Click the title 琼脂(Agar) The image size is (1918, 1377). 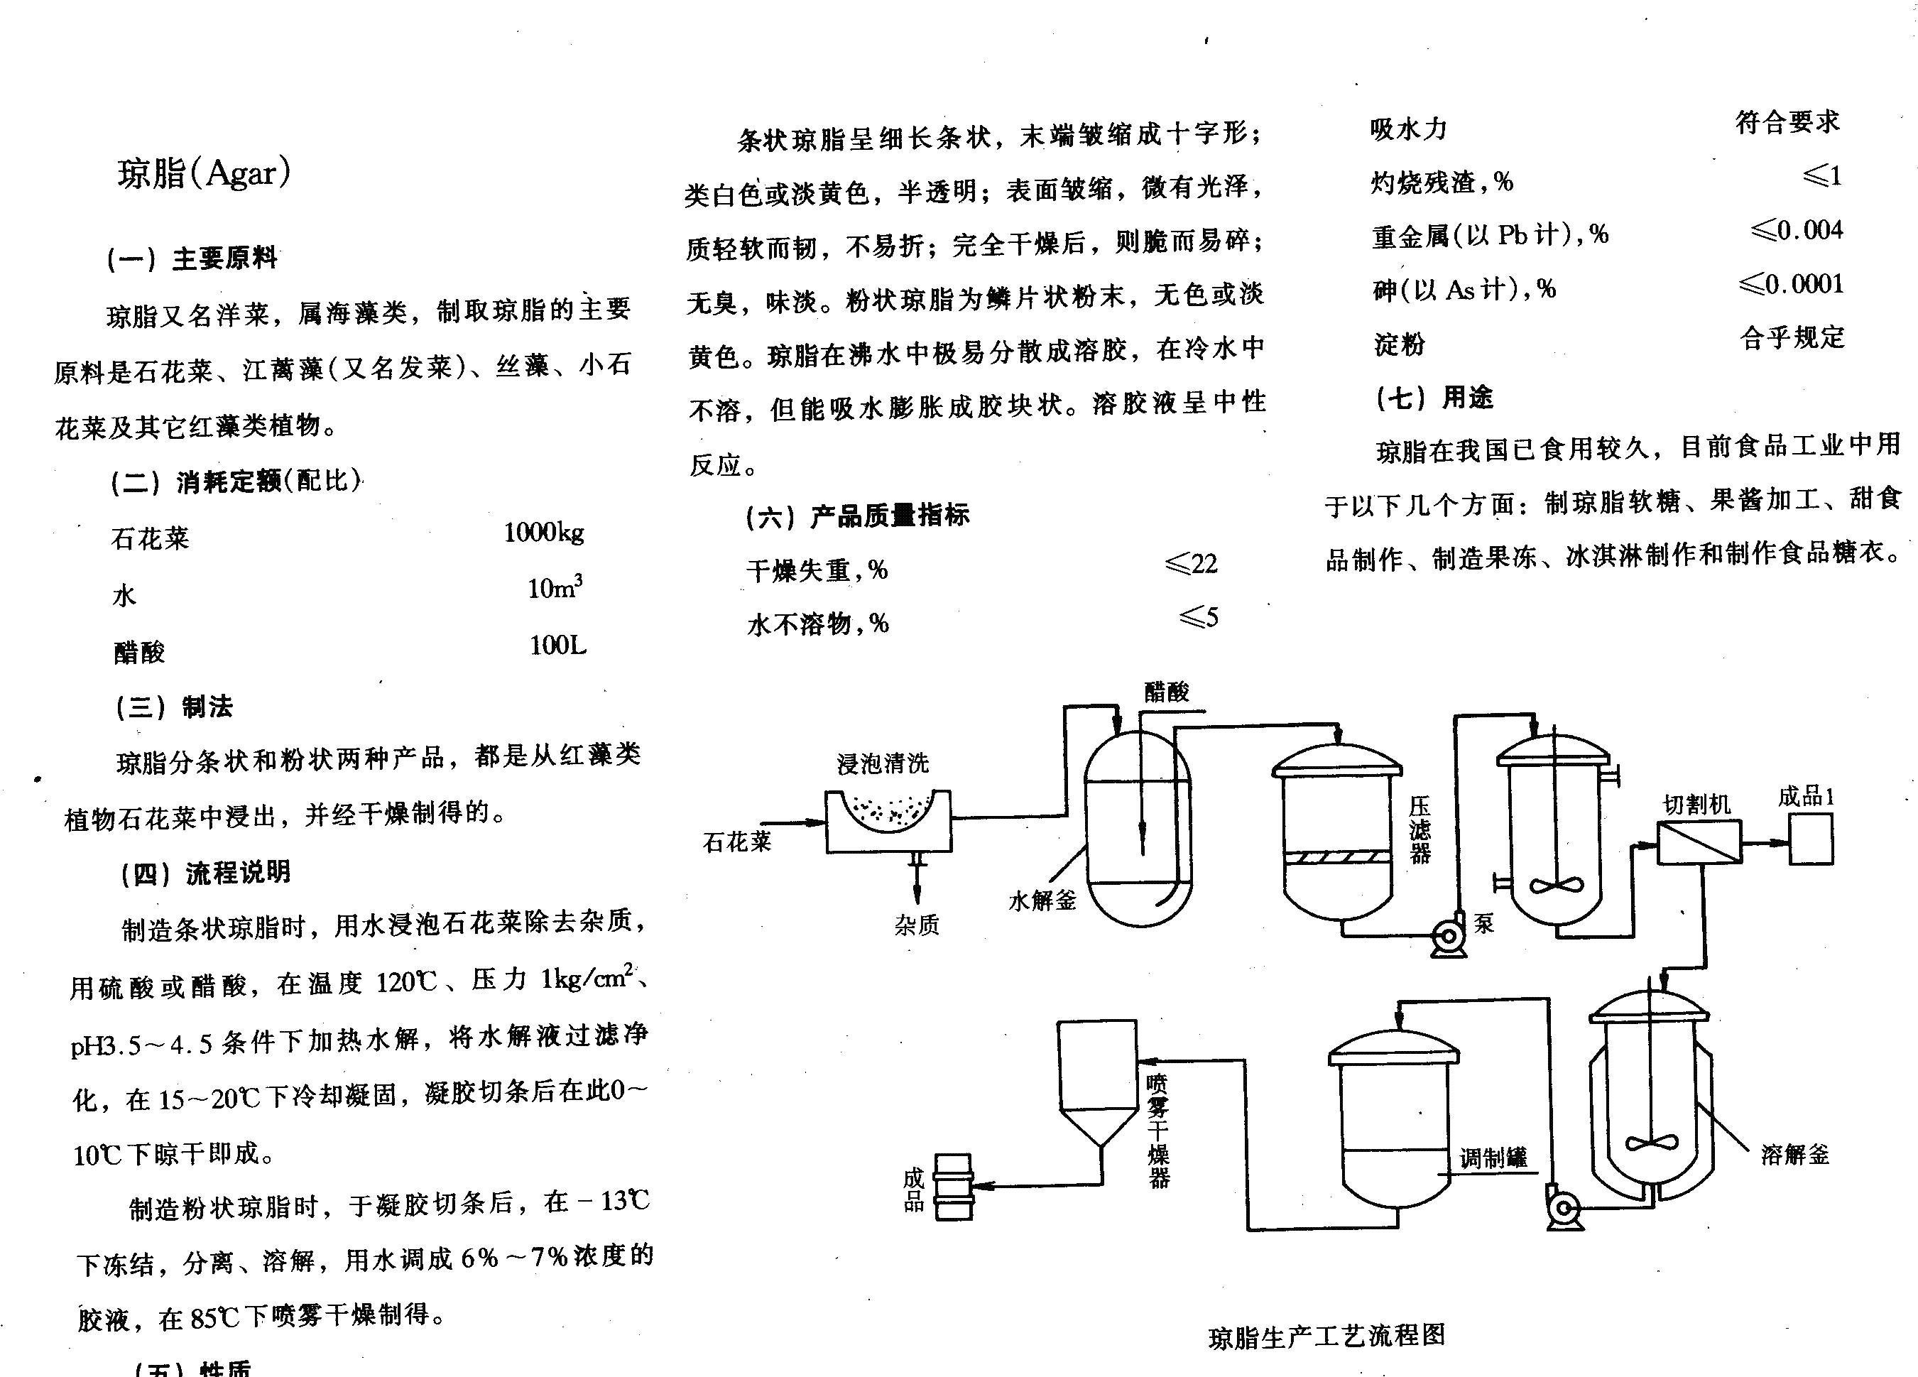(204, 173)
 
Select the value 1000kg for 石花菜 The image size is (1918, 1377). (543, 533)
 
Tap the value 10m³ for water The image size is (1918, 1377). (554, 587)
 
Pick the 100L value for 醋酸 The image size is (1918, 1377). (557, 646)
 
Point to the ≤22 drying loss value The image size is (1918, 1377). (1191, 564)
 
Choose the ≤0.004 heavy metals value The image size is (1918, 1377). (1797, 230)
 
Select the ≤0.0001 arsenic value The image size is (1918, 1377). (1791, 284)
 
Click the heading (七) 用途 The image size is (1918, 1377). (1434, 398)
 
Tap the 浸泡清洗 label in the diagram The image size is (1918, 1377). (882, 764)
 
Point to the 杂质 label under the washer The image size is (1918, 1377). (917, 925)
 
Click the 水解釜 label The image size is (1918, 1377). (1042, 900)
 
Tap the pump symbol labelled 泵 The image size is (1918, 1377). (1448, 936)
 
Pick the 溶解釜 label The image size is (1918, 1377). (1794, 1155)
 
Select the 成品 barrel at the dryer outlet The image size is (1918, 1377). (954, 1187)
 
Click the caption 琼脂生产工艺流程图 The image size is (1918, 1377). (1326, 1337)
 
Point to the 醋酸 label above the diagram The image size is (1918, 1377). (1166, 692)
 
